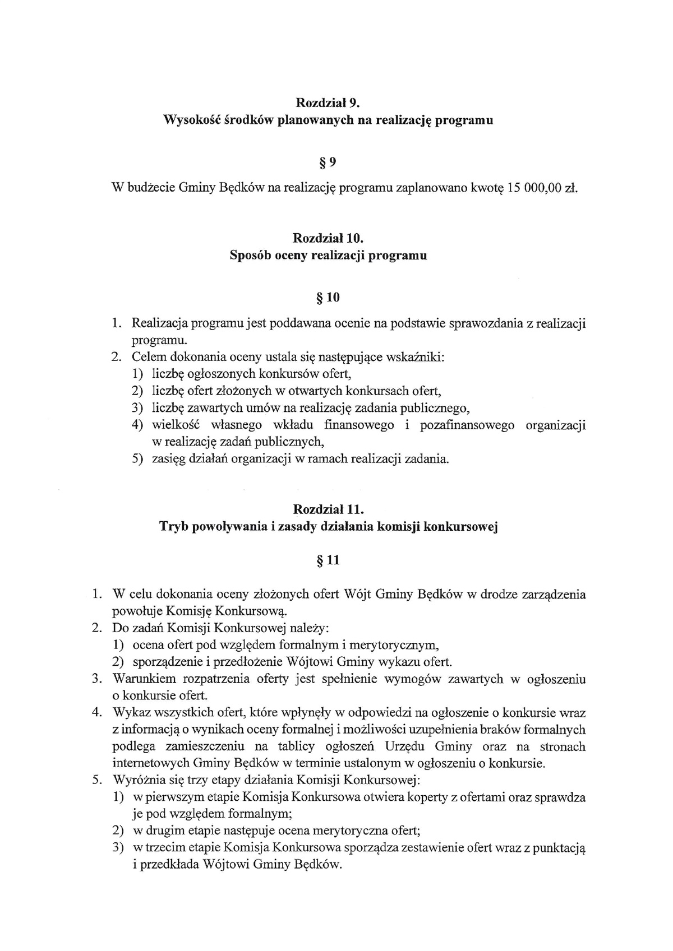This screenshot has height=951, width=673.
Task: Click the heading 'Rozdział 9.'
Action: [328, 103]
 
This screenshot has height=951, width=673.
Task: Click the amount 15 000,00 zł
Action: [542, 188]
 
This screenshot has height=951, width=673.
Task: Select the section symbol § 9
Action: [328, 163]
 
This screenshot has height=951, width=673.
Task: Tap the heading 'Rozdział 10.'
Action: [328, 238]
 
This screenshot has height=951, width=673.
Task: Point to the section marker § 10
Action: [329, 298]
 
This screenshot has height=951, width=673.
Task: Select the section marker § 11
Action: [329, 560]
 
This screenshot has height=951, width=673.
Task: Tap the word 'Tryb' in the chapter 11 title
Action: [174, 527]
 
